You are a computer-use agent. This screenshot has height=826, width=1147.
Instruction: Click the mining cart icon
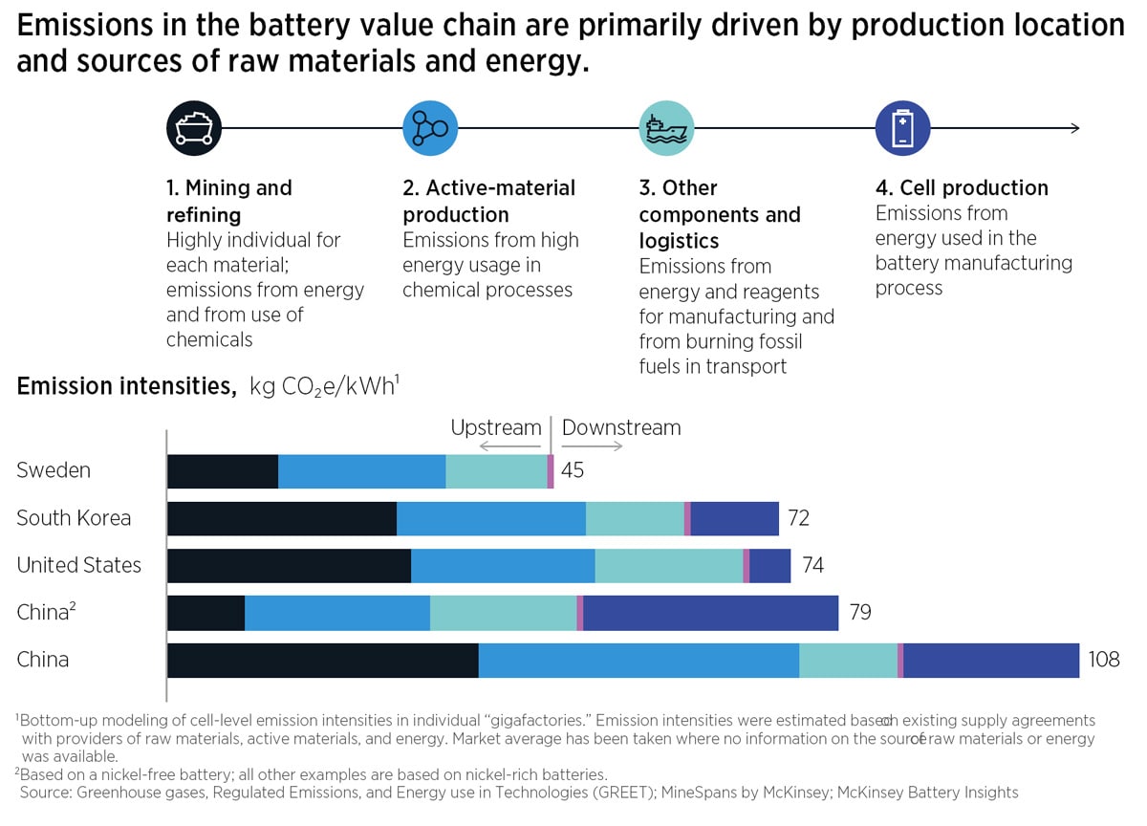click(194, 128)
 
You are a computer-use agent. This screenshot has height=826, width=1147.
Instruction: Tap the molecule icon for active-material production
click(430, 128)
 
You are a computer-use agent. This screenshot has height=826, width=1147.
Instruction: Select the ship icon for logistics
click(666, 128)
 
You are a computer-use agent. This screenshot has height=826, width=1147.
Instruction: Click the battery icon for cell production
click(902, 128)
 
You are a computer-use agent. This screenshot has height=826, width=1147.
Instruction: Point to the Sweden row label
click(54, 470)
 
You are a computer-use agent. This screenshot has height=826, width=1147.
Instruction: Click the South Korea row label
click(74, 518)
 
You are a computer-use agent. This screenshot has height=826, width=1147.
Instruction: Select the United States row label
click(78, 565)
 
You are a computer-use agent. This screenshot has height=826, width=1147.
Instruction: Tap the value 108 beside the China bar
click(1103, 660)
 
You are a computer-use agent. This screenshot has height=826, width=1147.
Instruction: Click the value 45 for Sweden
click(573, 470)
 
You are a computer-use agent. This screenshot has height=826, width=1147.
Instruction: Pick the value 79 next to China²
click(860, 612)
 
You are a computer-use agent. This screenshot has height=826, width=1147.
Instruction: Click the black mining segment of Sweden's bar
click(222, 471)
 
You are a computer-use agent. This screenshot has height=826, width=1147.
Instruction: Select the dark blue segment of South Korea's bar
click(734, 518)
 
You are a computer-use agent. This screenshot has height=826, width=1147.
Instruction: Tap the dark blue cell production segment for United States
click(769, 565)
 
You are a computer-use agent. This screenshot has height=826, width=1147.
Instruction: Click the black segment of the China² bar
click(206, 613)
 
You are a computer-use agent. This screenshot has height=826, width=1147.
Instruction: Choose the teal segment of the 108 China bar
click(848, 660)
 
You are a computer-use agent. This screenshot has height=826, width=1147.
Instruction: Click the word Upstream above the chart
click(495, 427)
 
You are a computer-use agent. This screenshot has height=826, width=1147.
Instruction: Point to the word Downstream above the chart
click(621, 427)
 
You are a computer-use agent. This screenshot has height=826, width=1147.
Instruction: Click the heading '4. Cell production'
click(962, 187)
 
